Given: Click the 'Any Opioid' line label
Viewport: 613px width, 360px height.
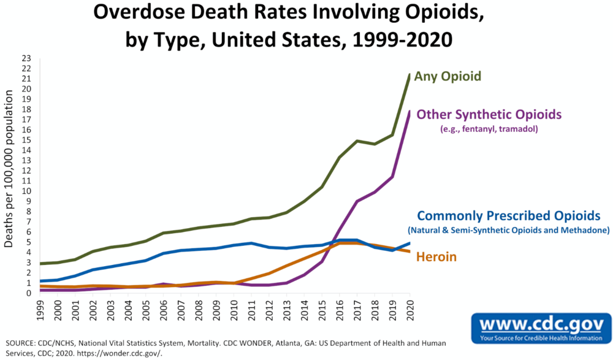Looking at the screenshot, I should tap(447, 77).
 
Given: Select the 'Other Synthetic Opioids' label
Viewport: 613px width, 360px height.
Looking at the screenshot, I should tap(489, 115).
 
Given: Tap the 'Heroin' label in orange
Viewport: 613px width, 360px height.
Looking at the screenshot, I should tap(436, 257).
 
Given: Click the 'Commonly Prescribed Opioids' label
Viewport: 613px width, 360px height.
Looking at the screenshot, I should tap(508, 216).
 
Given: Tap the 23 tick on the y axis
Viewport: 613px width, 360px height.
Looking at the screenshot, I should tap(27, 58).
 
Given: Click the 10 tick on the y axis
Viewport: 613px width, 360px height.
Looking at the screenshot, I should tap(27, 191).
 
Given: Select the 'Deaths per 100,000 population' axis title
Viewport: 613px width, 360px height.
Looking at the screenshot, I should tap(9, 169).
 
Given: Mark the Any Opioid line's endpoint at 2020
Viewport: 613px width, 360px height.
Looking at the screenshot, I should tap(409, 75).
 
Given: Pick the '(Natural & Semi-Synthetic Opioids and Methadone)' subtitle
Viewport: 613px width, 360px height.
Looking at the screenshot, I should tap(509, 230).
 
